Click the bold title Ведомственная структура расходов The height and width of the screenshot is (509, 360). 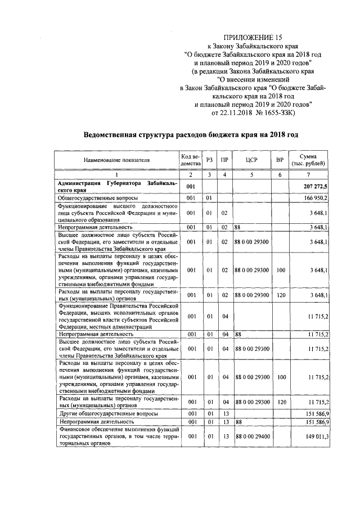tap(191, 135)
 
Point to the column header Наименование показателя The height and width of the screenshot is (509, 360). tap(117, 160)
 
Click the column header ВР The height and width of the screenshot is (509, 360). tap(280, 160)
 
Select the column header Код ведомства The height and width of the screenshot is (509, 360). tap(191, 160)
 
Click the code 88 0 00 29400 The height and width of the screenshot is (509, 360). tap(251, 436)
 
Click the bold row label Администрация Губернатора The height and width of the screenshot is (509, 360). tap(117, 186)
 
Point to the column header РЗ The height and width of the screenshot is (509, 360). tap(209, 160)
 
